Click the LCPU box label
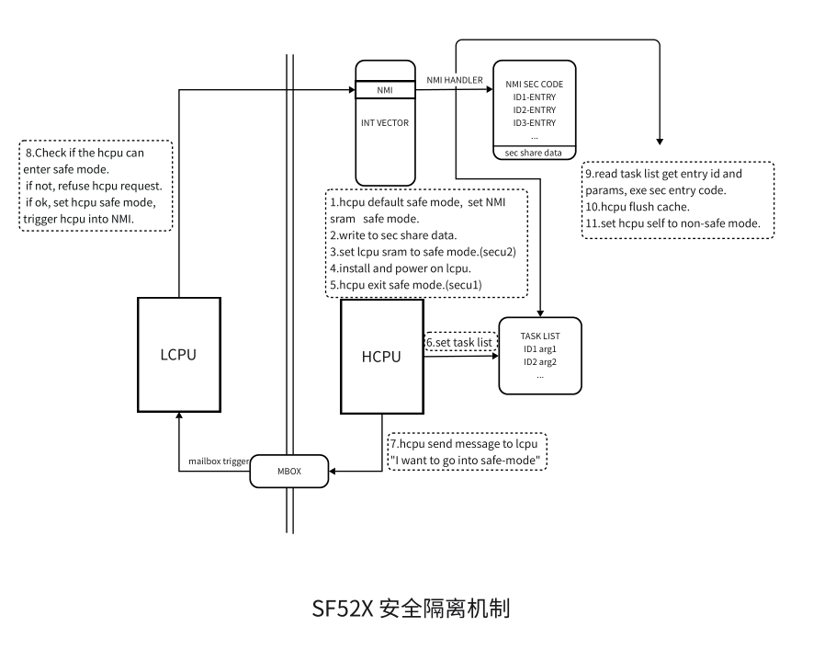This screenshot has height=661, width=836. [x=179, y=354]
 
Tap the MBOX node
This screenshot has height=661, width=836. [x=289, y=472]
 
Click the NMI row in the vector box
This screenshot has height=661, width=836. [x=385, y=90]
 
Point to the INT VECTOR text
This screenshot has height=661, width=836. [x=385, y=121]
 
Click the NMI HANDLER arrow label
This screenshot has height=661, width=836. [x=455, y=80]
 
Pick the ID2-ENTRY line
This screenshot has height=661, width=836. [x=534, y=109]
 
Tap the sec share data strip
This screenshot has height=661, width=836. [x=534, y=153]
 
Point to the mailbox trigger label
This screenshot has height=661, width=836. [x=219, y=461]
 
